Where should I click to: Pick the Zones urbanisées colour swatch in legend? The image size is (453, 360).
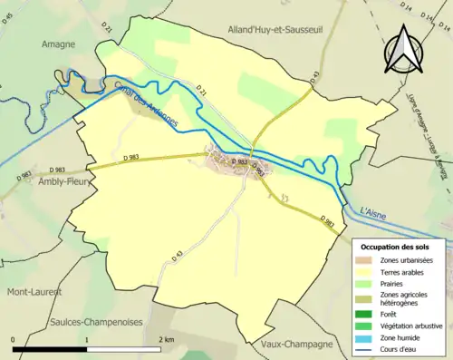(366, 260)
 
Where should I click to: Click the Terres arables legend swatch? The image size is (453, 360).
(366, 272)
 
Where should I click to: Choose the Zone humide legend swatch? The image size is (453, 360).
(366, 336)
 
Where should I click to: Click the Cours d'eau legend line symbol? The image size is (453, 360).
(366, 348)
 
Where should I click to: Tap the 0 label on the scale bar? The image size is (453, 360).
(14, 338)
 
